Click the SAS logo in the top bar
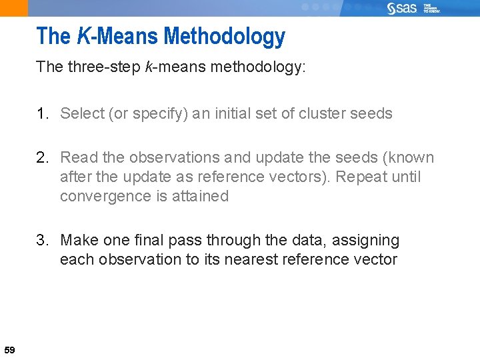[402, 8]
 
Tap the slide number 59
[9, 350]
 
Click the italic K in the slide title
[83, 36]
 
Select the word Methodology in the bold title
[224, 37]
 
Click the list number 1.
[43, 113]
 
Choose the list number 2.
[43, 158]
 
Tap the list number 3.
[43, 240]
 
